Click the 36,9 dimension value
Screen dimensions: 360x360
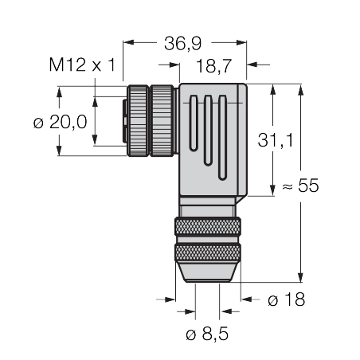183,43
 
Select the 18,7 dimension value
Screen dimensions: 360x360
214,65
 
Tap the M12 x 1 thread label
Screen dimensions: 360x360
83,65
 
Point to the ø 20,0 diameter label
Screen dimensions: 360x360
61,122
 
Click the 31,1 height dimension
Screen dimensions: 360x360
276,140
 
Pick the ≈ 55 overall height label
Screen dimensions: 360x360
300,186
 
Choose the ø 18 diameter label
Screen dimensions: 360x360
287,299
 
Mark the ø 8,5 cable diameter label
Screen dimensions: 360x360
207,334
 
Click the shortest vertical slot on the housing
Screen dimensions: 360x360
194,123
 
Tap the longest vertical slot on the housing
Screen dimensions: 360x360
222,138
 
